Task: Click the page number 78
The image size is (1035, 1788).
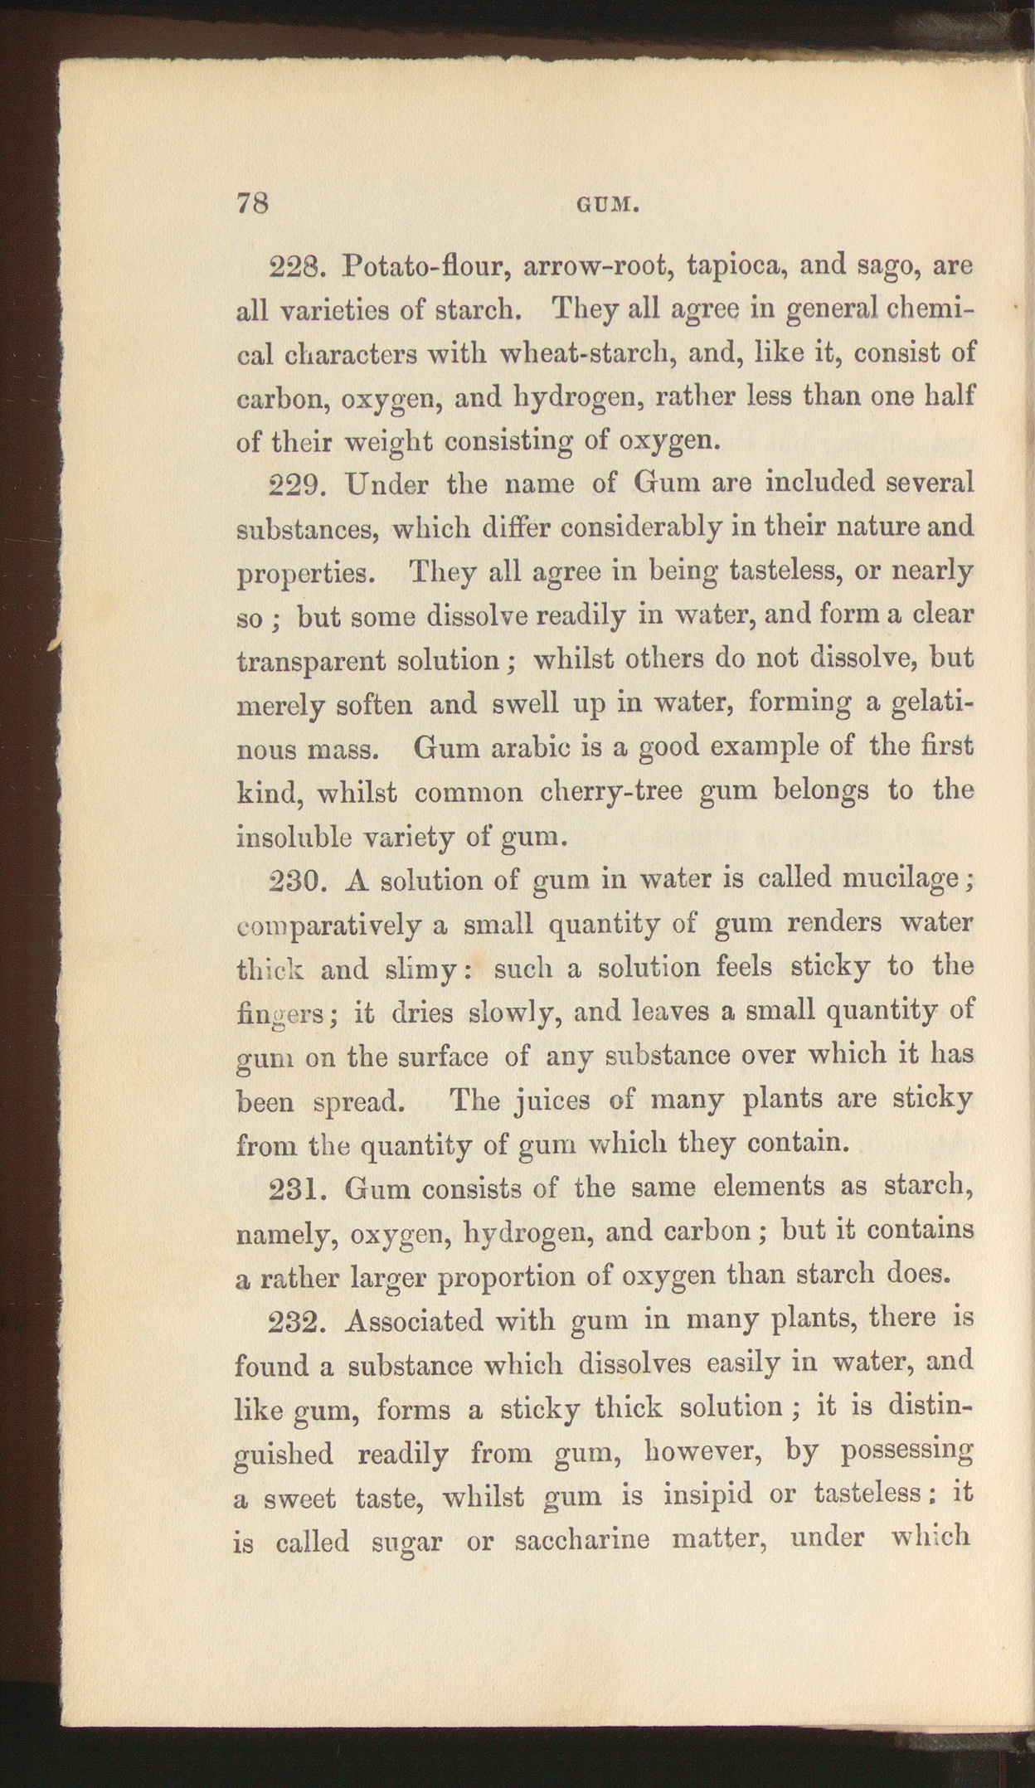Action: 253,203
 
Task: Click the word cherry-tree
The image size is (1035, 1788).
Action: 611,792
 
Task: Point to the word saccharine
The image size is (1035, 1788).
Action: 581,1542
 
